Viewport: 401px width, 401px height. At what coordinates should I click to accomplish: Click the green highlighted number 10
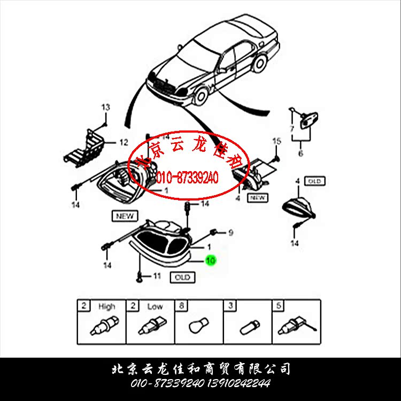click(211, 260)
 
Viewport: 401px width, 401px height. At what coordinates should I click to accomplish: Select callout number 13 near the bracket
click(105, 107)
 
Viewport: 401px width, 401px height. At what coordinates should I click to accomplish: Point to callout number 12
click(124, 142)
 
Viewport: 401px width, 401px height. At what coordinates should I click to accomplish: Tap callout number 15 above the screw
click(276, 141)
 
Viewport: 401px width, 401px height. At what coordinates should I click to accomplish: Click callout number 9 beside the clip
click(230, 233)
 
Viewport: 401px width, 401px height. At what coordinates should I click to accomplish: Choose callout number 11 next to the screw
click(157, 276)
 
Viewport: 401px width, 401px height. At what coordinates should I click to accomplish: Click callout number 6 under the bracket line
click(300, 153)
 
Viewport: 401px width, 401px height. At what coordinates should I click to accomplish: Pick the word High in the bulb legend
click(106, 306)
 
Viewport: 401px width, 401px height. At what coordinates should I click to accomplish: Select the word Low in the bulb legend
click(155, 306)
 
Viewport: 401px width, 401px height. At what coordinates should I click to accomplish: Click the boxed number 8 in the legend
click(182, 306)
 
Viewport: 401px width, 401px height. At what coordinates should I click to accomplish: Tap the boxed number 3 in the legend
click(230, 306)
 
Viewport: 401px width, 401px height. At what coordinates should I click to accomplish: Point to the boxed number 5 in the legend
click(279, 306)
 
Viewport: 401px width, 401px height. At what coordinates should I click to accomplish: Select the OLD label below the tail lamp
click(182, 277)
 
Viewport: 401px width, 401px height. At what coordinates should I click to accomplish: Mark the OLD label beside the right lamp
click(314, 181)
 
